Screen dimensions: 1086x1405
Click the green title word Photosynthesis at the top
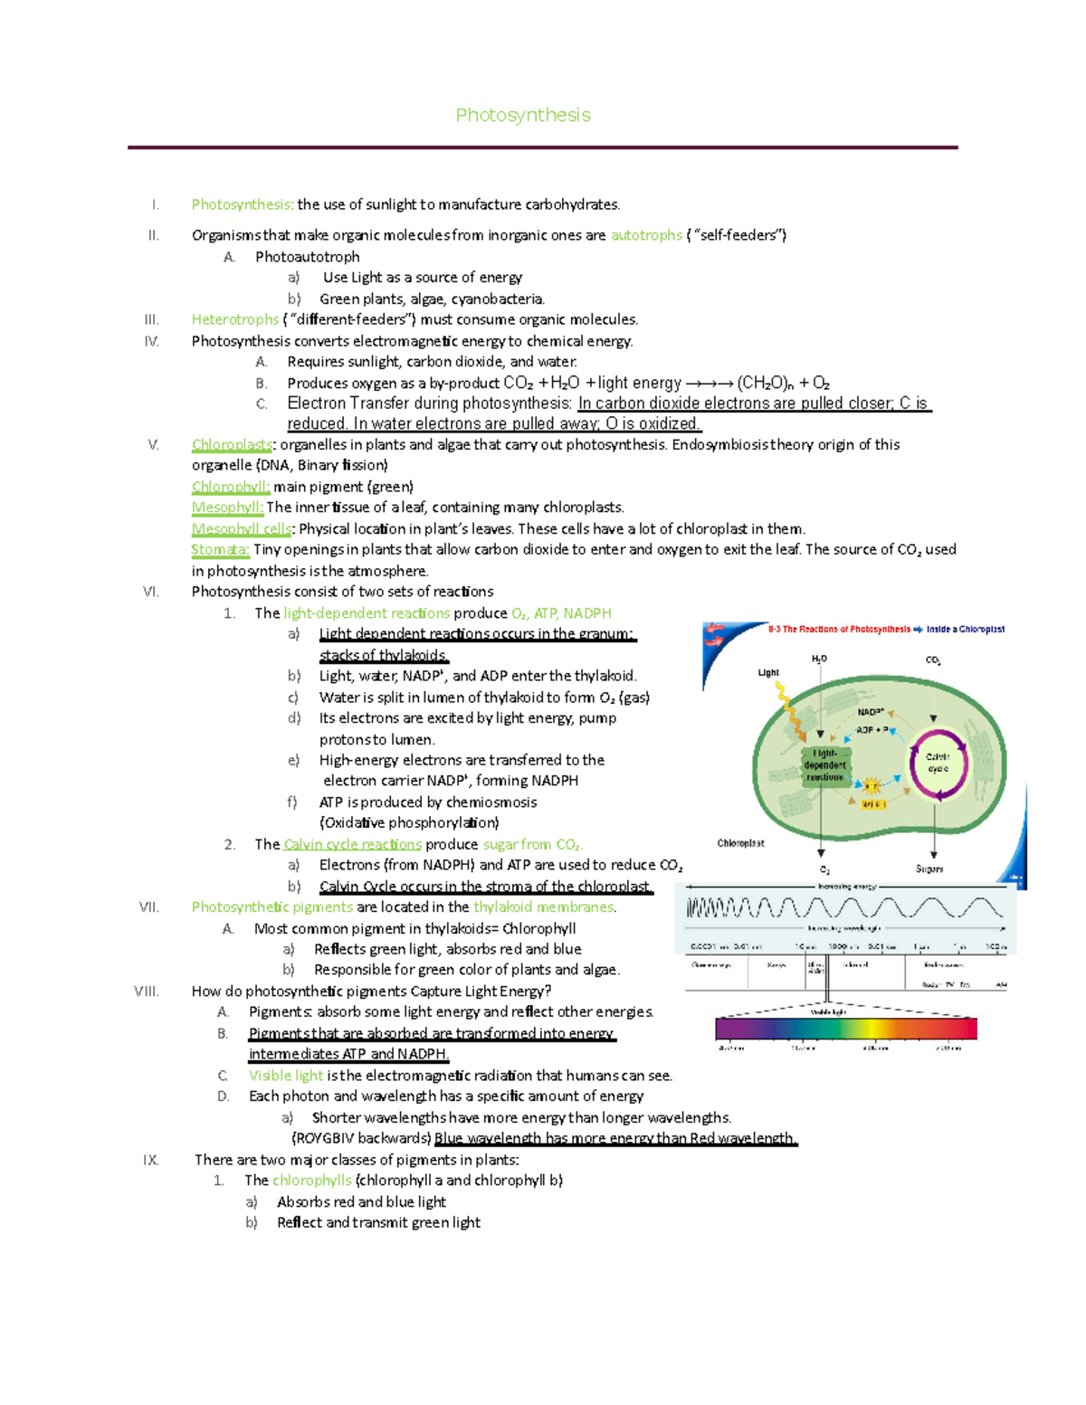pyautogui.click(x=523, y=115)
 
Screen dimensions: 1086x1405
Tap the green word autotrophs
pyautogui.click(x=646, y=235)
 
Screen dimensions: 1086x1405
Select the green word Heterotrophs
pyautogui.click(x=235, y=319)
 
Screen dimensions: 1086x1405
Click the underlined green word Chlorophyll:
pyautogui.click(x=230, y=487)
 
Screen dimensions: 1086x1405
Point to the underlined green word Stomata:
pyautogui.click(x=220, y=549)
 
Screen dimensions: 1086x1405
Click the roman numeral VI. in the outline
pyautogui.click(x=151, y=592)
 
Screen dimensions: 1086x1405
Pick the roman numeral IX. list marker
pyautogui.click(x=151, y=1160)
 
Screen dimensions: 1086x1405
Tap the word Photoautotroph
pyautogui.click(x=307, y=257)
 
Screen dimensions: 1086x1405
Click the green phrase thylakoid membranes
pyautogui.click(x=543, y=907)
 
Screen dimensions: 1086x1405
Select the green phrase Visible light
pyautogui.click(x=286, y=1076)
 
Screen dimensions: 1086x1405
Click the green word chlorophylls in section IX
pyautogui.click(x=312, y=1181)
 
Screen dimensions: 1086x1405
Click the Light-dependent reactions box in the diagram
pyautogui.click(x=824, y=765)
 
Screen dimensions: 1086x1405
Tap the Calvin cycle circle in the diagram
pyautogui.click(x=938, y=763)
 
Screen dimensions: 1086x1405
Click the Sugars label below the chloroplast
pyautogui.click(x=929, y=869)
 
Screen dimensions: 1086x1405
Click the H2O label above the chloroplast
pyautogui.click(x=819, y=660)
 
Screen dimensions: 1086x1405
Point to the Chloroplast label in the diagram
pyautogui.click(x=740, y=843)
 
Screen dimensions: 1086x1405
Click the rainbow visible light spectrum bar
pyautogui.click(x=845, y=1029)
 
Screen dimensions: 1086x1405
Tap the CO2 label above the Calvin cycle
pyautogui.click(x=933, y=660)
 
